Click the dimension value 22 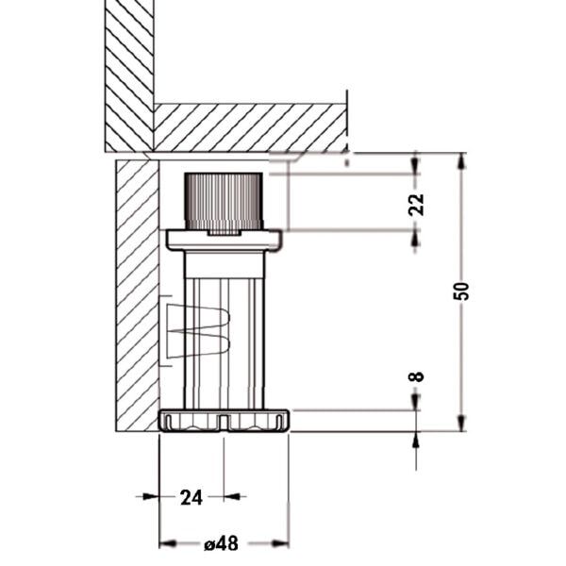(x=416, y=205)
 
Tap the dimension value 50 (x=461, y=291)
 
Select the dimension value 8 (x=416, y=376)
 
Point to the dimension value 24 (x=191, y=498)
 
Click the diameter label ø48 (x=222, y=543)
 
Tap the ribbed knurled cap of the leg (x=224, y=202)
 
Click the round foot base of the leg (x=224, y=421)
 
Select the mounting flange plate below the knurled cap (x=224, y=241)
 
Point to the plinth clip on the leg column (x=198, y=330)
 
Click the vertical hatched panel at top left (x=129, y=75)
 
